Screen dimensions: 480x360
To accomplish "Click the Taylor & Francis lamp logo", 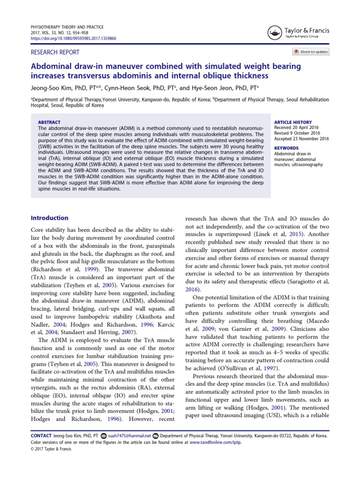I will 275,32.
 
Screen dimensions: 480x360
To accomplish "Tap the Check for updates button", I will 311,52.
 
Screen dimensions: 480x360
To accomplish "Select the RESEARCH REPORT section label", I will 55,52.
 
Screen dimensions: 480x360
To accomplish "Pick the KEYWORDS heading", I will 286,148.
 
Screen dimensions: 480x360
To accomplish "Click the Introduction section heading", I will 49,218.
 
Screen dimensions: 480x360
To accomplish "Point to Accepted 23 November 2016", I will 301,138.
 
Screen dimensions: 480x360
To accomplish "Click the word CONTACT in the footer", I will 41,435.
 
